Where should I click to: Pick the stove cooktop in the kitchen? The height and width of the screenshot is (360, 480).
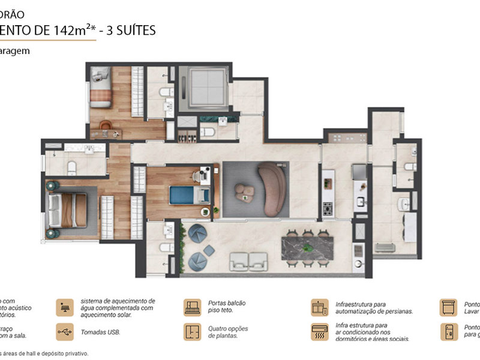[328, 209]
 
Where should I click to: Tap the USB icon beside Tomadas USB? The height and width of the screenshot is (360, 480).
[64, 332]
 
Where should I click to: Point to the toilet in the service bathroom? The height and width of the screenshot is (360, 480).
[408, 166]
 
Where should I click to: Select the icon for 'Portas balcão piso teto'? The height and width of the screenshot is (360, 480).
[192, 307]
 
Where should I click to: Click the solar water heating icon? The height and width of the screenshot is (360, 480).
[64, 307]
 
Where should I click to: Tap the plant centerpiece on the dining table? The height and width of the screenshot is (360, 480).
[308, 247]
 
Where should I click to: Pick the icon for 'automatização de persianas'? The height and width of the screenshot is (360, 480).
[319, 307]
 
